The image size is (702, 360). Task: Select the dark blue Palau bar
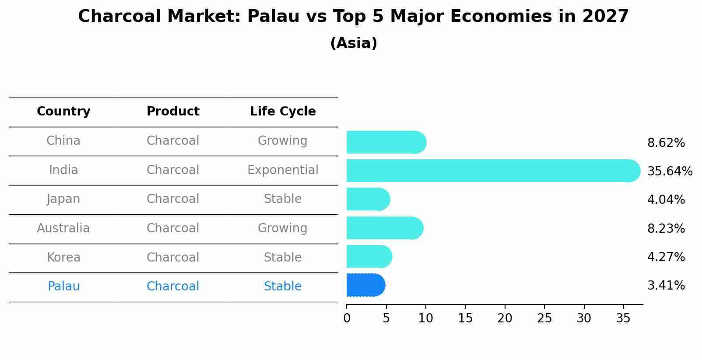point(365,285)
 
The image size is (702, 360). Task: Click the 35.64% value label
point(670,171)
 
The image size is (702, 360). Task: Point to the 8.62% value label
point(666,143)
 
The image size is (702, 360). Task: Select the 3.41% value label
point(666,286)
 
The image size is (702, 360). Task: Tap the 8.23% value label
point(666,228)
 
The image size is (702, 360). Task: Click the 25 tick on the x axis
point(544,318)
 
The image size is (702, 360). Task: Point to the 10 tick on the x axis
point(425,318)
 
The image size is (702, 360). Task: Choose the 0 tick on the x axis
point(347,318)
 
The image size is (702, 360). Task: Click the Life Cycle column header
point(283,112)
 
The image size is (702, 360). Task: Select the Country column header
point(63,112)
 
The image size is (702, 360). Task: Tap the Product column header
point(173,112)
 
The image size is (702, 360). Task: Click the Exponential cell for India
point(283,170)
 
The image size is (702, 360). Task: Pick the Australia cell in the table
point(63,228)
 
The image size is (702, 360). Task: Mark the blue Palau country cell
point(63,287)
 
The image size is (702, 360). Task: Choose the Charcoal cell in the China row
point(173,141)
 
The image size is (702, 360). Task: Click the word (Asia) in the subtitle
point(354,43)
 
